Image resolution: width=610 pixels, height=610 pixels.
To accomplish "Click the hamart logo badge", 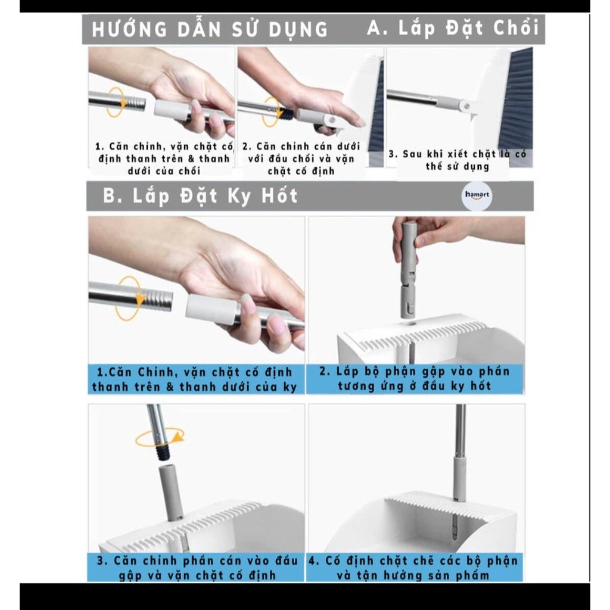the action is (477, 195).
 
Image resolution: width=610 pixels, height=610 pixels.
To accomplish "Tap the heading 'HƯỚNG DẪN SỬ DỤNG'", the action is (210, 30).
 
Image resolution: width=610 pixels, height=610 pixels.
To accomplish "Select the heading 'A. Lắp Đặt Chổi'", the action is (453, 28).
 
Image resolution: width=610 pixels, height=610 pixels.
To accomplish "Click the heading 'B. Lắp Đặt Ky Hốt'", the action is (200, 195).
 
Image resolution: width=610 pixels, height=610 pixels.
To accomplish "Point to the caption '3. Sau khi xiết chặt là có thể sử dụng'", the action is (457, 160).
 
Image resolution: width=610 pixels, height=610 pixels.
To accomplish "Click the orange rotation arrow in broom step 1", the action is (116, 102).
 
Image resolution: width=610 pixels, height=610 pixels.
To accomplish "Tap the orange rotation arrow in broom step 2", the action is (272, 112).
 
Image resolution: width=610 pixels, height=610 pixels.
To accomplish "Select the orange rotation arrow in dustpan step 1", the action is (129, 298).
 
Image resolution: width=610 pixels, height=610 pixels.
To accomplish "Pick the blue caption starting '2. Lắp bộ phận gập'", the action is (415, 378).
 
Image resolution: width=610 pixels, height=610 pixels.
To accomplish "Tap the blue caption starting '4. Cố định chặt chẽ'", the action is (414, 568).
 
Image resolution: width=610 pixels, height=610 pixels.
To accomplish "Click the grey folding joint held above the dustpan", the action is (409, 269).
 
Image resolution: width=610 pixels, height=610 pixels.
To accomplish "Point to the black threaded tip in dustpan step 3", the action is (164, 453).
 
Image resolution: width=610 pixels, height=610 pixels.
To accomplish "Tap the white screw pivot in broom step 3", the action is (465, 105).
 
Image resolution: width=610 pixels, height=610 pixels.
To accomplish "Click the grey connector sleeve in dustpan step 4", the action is (459, 479).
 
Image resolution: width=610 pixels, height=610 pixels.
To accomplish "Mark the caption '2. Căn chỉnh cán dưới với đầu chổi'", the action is (301, 158).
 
